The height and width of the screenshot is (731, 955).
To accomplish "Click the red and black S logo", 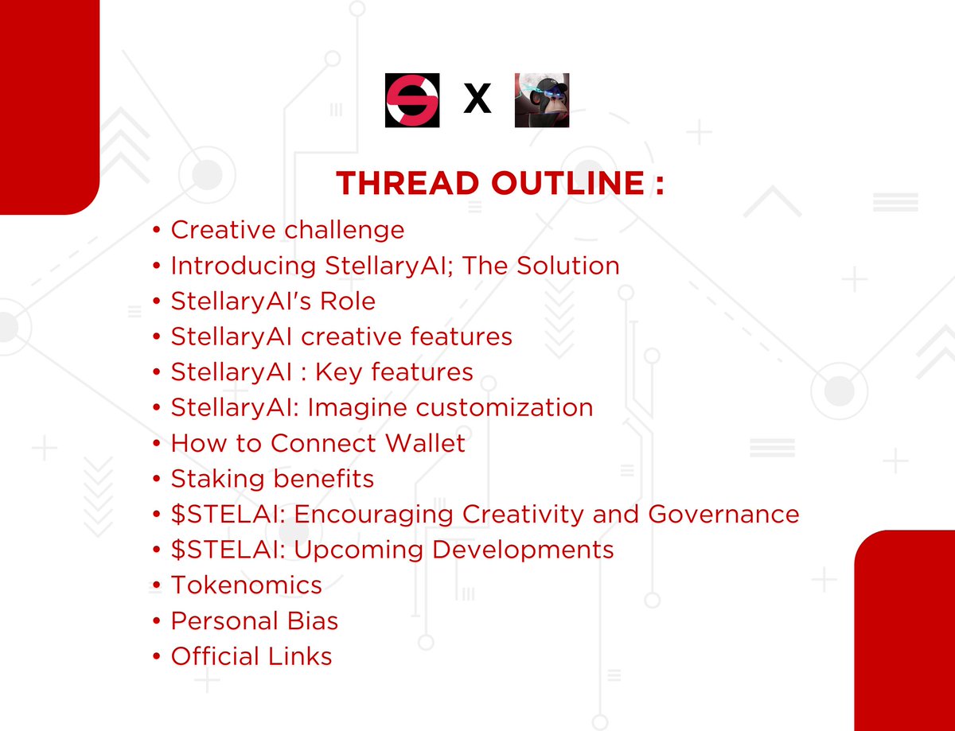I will pyautogui.click(x=411, y=100).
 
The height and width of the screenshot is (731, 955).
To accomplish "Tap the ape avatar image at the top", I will pyautogui.click(x=542, y=100).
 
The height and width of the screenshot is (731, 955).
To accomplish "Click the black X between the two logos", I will pyautogui.click(x=477, y=101).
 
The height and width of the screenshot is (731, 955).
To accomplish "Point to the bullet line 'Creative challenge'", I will pyautogui.click(x=287, y=230).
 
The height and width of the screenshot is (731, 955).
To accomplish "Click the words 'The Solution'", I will pyautogui.click(x=540, y=266).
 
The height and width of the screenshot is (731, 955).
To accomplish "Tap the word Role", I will pyautogui.click(x=344, y=301).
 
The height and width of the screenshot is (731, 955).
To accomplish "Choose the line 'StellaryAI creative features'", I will pyautogui.click(x=341, y=336).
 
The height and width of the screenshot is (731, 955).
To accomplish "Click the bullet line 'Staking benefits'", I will pyautogui.click(x=272, y=479).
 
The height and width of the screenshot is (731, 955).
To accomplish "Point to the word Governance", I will pyautogui.click(x=723, y=514).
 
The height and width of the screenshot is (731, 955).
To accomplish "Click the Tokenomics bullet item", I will pyautogui.click(x=246, y=585).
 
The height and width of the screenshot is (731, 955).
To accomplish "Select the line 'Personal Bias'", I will pyautogui.click(x=255, y=621).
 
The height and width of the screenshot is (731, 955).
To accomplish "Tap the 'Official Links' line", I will pyautogui.click(x=251, y=656).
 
